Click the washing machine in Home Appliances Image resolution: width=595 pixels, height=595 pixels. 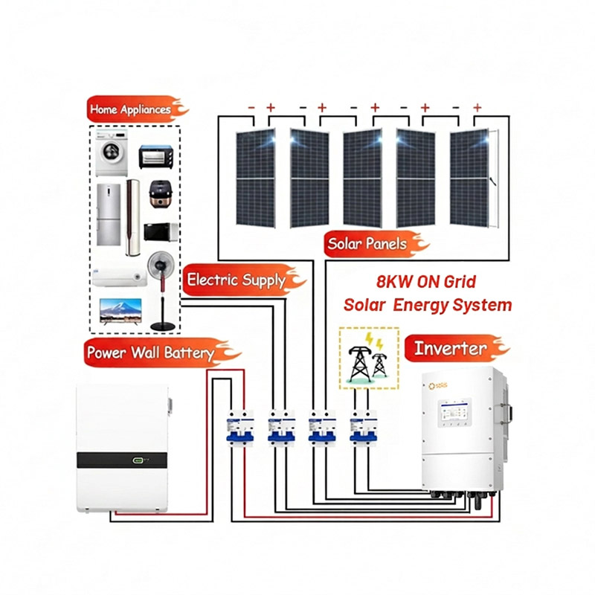click(x=111, y=152)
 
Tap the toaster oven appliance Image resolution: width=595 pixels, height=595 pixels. click(x=156, y=157)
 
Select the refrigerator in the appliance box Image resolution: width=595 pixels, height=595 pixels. click(x=109, y=214)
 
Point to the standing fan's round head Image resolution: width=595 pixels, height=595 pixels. click(x=161, y=265)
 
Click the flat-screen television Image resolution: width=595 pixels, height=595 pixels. click(x=120, y=311)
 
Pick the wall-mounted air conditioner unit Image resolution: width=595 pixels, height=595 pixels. click(x=120, y=277)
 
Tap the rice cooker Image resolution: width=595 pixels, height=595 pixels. click(x=161, y=194)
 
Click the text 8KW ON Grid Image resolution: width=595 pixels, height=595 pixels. click(x=425, y=282)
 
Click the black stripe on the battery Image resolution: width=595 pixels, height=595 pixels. click(x=122, y=460)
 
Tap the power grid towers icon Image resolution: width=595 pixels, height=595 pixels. click(x=368, y=358)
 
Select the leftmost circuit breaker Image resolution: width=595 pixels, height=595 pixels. click(x=239, y=426)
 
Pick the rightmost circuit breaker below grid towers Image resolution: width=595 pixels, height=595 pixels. click(x=363, y=426)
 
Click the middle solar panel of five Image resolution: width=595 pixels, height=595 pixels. click(x=362, y=178)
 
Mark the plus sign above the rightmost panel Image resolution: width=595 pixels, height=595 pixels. click(x=477, y=107)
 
